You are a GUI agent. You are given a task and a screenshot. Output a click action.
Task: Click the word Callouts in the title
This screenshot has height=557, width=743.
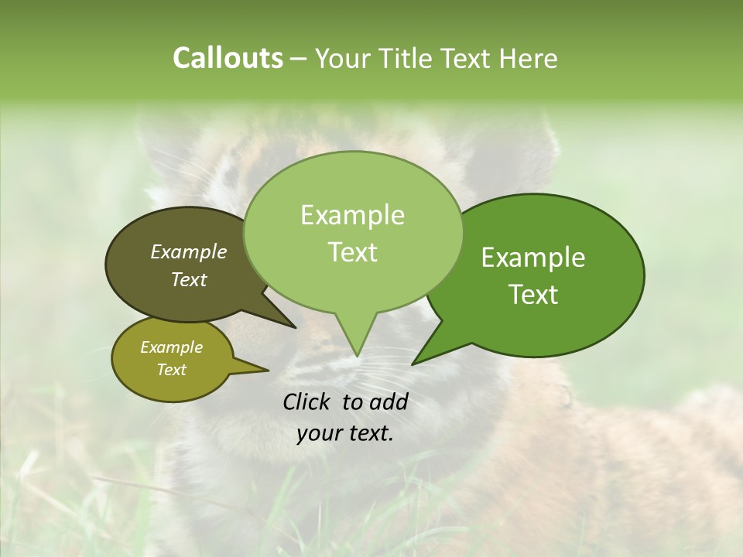(228, 58)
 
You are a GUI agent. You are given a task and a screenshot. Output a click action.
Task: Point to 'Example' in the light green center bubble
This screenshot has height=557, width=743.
(352, 215)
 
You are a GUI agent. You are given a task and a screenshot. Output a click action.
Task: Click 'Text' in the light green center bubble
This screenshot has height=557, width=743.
(352, 252)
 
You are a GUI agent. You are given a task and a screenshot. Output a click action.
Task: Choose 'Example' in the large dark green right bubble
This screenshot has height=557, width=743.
(533, 258)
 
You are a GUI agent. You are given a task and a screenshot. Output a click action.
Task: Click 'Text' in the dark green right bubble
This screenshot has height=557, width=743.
(533, 295)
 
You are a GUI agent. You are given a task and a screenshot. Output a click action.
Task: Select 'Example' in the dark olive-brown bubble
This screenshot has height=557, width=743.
(188, 252)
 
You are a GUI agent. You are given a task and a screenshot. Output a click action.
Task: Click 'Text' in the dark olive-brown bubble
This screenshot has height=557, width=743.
(188, 280)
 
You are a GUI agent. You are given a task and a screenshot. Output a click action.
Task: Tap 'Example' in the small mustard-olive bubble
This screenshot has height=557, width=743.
(171, 347)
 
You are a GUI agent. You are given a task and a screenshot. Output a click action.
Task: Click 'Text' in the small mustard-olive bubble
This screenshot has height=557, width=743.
(171, 370)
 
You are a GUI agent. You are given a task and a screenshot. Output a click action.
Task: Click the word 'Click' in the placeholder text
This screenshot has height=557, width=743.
(307, 402)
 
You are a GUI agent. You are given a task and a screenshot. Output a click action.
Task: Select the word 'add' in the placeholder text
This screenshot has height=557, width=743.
(389, 402)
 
